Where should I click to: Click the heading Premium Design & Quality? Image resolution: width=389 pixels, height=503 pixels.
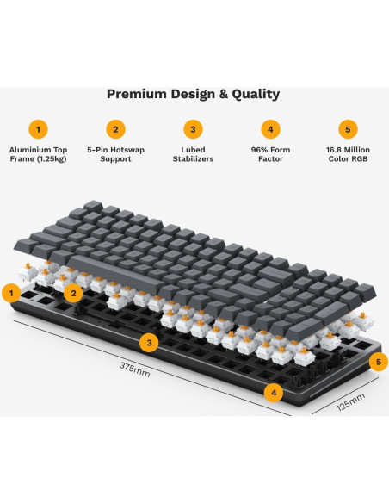[x=193, y=94]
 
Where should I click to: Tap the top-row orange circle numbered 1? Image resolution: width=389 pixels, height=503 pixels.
[x=38, y=129]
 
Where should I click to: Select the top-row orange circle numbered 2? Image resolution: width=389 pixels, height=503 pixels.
[x=115, y=129]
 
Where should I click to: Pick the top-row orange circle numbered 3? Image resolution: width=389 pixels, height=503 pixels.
[x=194, y=129]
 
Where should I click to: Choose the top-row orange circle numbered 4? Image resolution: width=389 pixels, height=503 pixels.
[x=271, y=129]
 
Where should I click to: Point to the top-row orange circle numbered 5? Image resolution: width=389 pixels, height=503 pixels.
[x=349, y=129]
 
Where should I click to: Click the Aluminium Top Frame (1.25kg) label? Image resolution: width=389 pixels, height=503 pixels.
[x=38, y=155]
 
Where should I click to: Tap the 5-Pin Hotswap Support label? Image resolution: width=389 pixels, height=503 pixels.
[x=115, y=155]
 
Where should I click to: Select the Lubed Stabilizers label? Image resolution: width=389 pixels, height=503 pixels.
[x=194, y=155]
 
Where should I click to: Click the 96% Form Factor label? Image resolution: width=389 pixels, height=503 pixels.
[x=271, y=155]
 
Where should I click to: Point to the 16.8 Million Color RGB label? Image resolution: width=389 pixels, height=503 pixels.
[x=349, y=155]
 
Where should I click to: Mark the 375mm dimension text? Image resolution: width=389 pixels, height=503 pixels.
[x=134, y=368]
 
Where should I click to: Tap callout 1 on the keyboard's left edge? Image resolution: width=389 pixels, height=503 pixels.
[x=12, y=294]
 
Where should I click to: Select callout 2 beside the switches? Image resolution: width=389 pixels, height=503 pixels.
[x=75, y=293]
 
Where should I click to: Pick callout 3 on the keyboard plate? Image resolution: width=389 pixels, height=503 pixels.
[x=150, y=343]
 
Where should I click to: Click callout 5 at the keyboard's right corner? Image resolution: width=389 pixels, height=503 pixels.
[x=375, y=362]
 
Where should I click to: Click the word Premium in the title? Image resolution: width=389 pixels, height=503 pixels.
[x=135, y=94]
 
